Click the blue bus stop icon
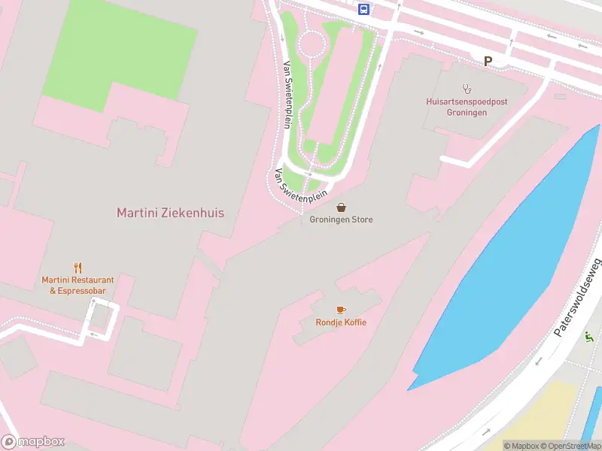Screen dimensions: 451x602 (364, 9)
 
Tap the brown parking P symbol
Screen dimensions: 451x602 (488, 62)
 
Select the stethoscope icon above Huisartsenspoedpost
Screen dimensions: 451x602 (466, 87)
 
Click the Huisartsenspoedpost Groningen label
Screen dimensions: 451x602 (457, 106)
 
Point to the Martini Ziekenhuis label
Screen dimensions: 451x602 (170, 213)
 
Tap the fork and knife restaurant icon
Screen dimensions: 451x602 (78, 268)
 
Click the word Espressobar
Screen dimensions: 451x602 (83, 291)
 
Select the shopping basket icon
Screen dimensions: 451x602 (341, 207)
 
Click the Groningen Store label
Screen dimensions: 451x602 (341, 219)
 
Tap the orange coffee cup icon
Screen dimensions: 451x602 (341, 310)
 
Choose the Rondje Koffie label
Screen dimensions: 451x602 (341, 322)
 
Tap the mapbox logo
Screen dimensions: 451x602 (33, 441)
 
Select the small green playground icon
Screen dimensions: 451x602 (588, 337)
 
